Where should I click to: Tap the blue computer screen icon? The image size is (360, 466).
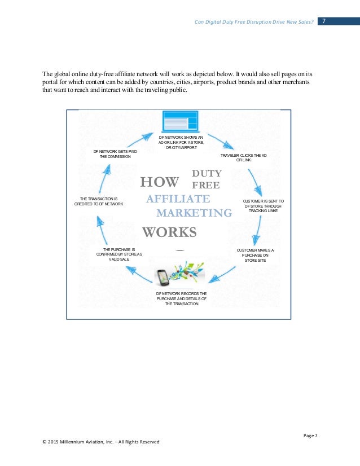(180, 121)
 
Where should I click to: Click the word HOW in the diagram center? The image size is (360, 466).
(159, 182)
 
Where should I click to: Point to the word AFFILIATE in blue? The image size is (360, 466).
(178, 199)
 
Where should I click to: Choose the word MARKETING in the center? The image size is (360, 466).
(194, 213)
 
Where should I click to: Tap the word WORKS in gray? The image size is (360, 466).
(169, 232)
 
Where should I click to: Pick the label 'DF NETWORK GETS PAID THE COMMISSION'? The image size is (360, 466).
(115, 154)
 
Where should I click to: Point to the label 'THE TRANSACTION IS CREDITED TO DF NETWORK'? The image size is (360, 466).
(99, 201)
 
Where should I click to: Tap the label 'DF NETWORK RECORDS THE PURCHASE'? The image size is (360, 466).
(181, 298)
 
